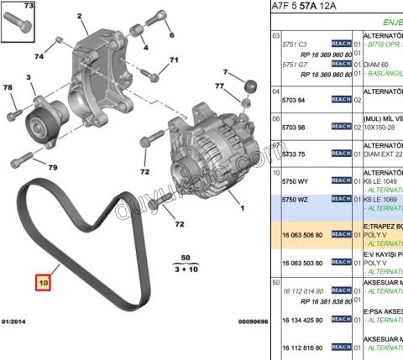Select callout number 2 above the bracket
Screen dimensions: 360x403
click(x=80, y=16)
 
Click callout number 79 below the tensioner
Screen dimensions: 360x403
click(x=52, y=167)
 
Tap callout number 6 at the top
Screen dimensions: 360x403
click(x=171, y=34)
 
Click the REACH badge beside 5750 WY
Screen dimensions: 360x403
click(x=340, y=180)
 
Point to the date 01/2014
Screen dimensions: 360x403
click(x=15, y=321)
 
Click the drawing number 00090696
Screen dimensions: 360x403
click(x=252, y=321)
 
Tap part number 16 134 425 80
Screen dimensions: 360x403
click(x=301, y=319)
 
